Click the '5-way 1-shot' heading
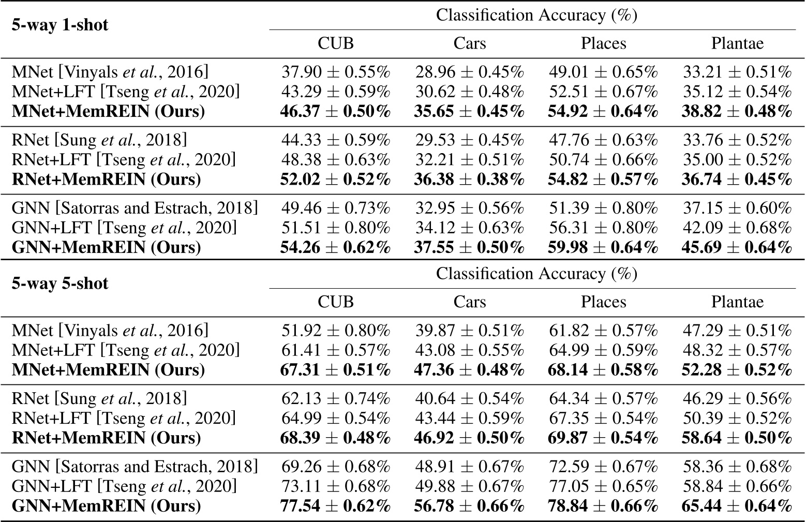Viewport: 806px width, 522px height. pos(60,25)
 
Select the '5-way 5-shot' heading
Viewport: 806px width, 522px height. pos(60,284)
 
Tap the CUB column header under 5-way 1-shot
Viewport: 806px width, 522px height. pos(336,43)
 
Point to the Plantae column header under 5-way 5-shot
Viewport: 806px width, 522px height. pos(737,302)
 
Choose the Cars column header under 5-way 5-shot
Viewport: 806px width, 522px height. pos(470,302)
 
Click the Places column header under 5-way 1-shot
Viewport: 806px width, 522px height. pos(603,43)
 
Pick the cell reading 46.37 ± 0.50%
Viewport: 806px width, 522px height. pos(336,111)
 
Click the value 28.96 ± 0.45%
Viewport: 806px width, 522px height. pos(470,72)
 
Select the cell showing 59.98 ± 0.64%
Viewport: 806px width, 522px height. pos(603,247)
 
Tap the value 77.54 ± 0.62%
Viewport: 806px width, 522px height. pos(336,505)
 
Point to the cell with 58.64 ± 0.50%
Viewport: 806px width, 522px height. pos(737,438)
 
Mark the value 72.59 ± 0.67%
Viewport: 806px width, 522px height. pos(603,467)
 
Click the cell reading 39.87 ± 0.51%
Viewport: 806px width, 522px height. pos(470,331)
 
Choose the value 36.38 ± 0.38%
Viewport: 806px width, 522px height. pos(470,179)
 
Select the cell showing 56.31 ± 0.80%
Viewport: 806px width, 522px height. pos(603,228)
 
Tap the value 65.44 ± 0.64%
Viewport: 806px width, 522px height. pos(737,505)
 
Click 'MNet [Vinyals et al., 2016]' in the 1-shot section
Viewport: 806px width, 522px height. pos(110,72)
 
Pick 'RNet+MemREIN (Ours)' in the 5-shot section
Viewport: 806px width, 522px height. pos(106,438)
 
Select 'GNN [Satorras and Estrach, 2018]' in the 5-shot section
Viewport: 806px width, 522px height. pos(135,467)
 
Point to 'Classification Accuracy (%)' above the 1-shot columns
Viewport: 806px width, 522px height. pos(536,15)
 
